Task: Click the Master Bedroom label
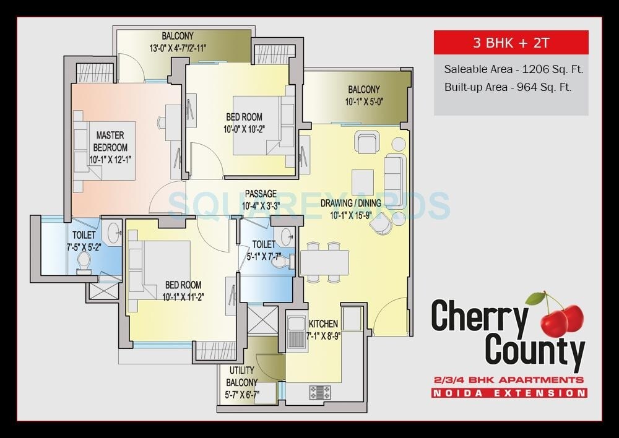110,141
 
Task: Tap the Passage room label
260,194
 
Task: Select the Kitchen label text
323,324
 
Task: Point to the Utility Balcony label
241,376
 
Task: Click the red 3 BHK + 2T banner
511,43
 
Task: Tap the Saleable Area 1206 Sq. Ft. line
513,69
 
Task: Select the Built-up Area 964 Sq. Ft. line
508,87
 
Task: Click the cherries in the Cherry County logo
561,316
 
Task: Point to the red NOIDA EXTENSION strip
509,393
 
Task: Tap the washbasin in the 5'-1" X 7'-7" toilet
286,236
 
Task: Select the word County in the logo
535,350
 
